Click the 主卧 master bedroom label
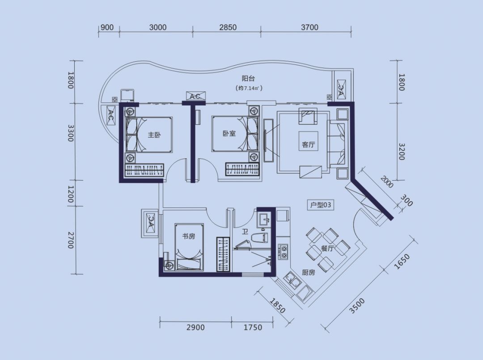pos(154,135)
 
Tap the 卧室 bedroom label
pos(229,133)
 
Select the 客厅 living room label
pos(308,144)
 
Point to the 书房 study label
pos(189,236)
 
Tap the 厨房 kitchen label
pos(308,272)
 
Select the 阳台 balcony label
pos(248,79)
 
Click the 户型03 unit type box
pos(321,205)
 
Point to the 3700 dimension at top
pos(309,27)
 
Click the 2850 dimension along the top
pos(228,27)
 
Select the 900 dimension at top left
pos(107,27)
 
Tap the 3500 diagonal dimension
pos(357,305)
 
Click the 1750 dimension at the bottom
pos(253,327)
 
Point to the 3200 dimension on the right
pos(401,152)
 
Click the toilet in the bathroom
pos(259,238)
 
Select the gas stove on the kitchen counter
pos(283,251)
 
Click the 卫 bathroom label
pos(245,231)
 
